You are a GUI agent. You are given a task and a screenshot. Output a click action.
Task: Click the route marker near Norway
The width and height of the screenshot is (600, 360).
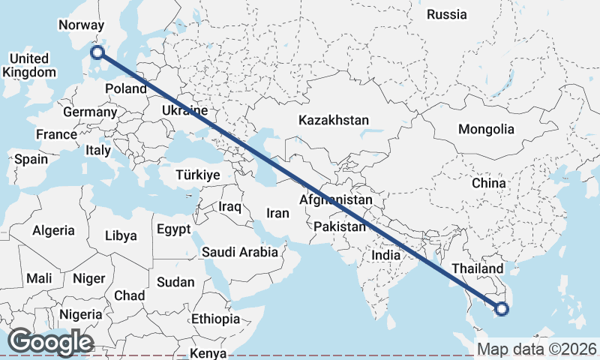(96, 52)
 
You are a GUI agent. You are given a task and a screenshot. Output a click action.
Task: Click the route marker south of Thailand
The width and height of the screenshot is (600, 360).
(502, 307)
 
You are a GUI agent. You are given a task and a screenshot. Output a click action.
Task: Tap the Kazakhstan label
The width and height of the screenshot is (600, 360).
(334, 120)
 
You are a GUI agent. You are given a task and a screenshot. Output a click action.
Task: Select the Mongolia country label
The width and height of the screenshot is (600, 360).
(486, 129)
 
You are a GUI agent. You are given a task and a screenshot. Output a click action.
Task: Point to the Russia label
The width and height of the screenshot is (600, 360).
(446, 14)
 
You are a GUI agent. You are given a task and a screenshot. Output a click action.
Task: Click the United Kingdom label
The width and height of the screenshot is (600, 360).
(30, 65)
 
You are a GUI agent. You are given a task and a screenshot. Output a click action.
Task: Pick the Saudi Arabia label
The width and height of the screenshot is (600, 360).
(239, 253)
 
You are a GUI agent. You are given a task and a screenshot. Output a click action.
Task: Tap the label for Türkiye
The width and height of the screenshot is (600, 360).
(197, 175)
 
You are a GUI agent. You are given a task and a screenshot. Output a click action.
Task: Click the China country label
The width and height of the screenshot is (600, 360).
(489, 183)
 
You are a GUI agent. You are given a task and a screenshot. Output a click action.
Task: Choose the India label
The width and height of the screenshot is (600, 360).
(386, 255)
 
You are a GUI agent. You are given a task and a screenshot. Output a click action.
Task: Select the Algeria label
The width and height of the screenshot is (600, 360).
(53, 231)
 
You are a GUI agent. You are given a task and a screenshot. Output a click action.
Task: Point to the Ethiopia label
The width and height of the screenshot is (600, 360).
(215, 319)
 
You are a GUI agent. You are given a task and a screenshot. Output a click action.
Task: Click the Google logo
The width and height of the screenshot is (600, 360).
(50, 343)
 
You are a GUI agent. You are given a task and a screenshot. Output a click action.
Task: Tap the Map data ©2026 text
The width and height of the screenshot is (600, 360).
(537, 349)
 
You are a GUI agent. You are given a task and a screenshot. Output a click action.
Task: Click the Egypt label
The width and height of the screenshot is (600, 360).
(174, 229)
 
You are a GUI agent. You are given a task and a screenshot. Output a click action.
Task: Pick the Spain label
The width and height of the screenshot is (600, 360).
(31, 159)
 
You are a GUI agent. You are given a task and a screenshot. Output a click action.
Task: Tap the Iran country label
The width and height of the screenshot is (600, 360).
(277, 213)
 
